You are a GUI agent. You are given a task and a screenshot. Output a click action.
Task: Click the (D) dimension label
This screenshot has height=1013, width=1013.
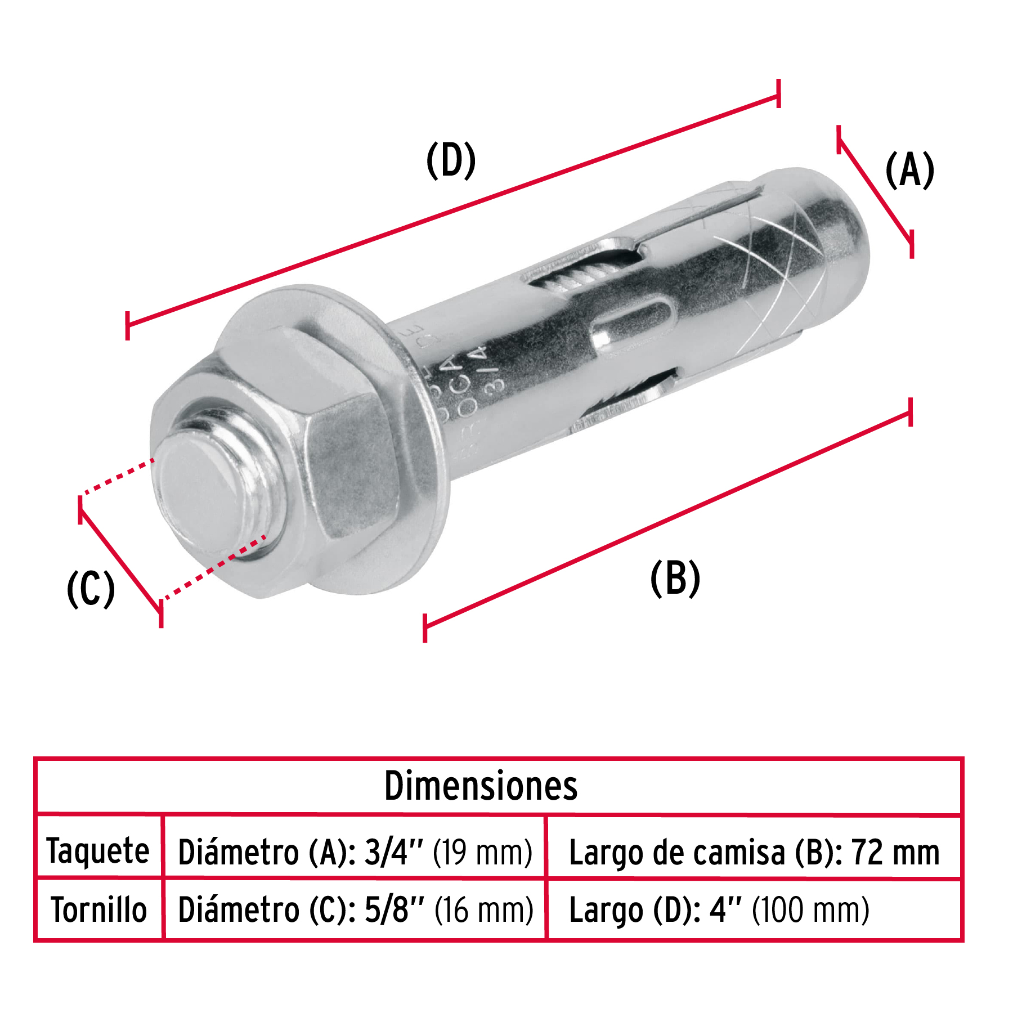point(451,161)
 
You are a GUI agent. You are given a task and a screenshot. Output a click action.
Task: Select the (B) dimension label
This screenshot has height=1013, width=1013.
point(675,579)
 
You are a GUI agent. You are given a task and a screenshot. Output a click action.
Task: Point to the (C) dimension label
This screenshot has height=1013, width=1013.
point(91,589)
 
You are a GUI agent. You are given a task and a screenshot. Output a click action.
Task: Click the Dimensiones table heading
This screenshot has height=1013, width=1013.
point(481,786)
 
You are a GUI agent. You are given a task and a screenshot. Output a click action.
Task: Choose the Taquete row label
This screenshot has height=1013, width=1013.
point(98,850)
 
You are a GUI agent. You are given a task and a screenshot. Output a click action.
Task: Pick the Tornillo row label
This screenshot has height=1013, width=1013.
point(99,910)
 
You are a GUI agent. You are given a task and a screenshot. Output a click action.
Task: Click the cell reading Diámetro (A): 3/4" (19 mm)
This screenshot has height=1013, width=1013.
point(355,852)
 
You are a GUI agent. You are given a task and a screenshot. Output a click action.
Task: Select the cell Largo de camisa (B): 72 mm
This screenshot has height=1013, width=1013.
point(754,852)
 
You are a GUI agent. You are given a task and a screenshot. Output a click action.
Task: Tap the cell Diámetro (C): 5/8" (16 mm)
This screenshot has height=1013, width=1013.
point(355,910)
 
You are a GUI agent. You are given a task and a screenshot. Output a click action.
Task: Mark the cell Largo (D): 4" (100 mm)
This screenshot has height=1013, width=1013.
point(719,910)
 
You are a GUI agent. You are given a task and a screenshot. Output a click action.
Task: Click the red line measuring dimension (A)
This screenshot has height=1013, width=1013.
point(875,191)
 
